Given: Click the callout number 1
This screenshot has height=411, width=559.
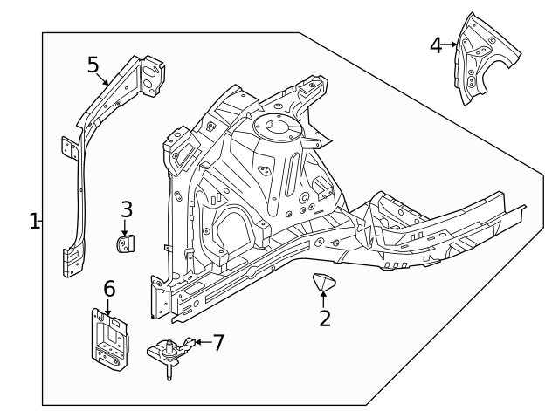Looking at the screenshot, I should coord(34,221).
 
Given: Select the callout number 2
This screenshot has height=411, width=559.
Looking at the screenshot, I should coord(325,319).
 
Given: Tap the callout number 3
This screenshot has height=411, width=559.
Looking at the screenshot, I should coord(127,209).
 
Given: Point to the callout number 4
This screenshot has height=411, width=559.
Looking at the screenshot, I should coord(436,45).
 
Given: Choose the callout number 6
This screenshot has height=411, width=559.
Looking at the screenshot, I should coord(110,289).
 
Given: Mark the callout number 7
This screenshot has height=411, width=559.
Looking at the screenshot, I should coord(218,342).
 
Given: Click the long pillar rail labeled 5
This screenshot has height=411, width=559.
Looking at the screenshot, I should coord(79,192).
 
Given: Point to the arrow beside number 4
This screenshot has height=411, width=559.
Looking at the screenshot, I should coord(452,45).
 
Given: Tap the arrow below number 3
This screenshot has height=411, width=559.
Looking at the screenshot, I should coord(125,229).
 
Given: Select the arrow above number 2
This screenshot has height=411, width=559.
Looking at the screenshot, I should coord(324,299).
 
